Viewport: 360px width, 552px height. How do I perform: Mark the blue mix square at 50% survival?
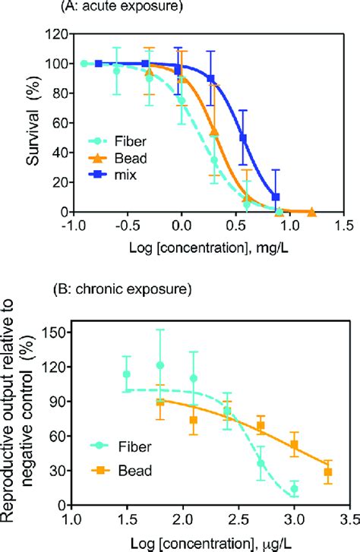coord(243,137)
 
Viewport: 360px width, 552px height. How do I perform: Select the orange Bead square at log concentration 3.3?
coord(328,472)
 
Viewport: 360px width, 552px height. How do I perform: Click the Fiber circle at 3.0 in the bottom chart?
coord(294,488)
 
